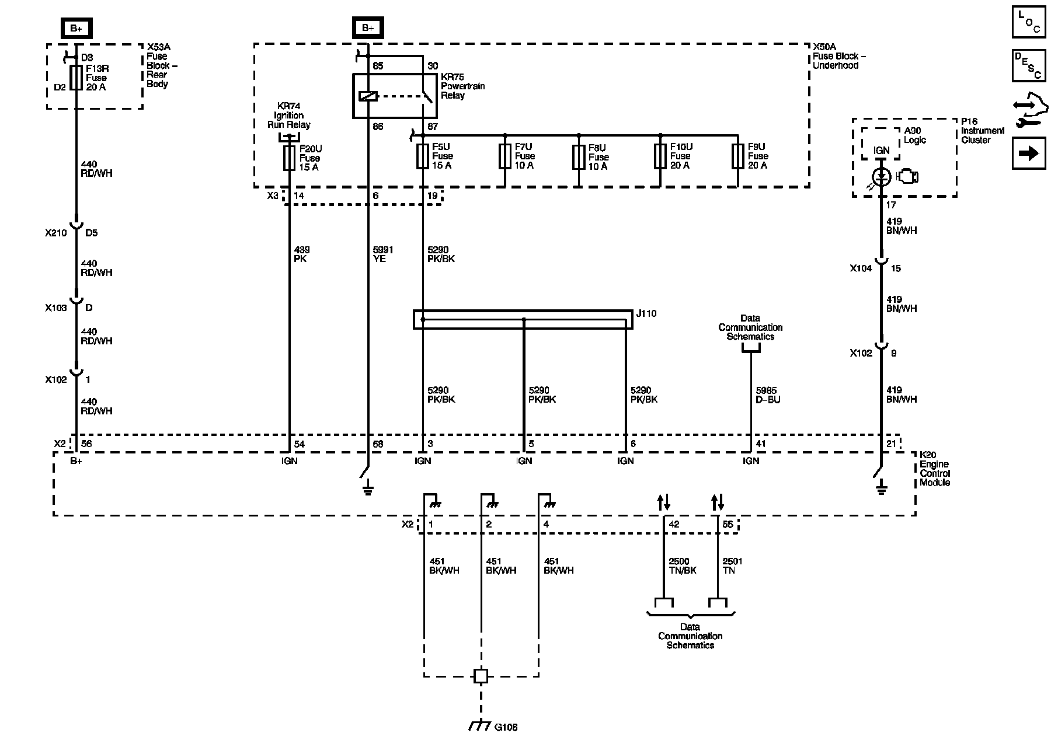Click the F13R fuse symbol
tap(76, 78)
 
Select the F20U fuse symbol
tap(289, 158)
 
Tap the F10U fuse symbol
tap(660, 156)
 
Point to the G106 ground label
tap(506, 727)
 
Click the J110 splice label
tap(646, 314)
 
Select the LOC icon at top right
tap(1029, 22)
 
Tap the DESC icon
tap(1029, 65)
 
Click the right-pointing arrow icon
tap(1029, 153)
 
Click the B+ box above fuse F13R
tap(76, 28)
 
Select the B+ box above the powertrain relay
tap(368, 28)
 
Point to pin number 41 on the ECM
tap(761, 444)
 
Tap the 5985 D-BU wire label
tap(768, 395)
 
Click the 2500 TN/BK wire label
tap(683, 566)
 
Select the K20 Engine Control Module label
tap(935, 469)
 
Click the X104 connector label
tap(861, 268)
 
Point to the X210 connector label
tap(56, 233)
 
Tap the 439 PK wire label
tap(301, 254)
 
